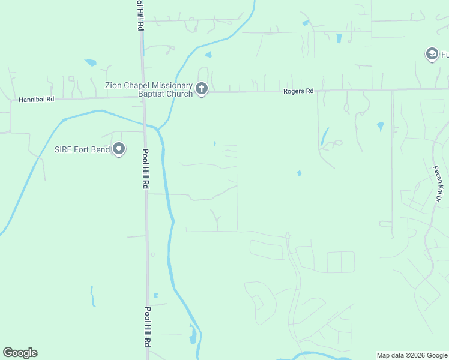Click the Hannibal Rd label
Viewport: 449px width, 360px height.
point(37,100)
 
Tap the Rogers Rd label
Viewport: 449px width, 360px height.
point(298,91)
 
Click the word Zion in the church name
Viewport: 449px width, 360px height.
point(115,86)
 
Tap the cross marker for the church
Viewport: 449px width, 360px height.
point(202,90)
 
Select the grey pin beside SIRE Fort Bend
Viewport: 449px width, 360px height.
point(119,149)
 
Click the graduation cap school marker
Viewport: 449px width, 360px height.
point(431,55)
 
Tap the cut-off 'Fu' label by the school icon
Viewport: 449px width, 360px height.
point(444,55)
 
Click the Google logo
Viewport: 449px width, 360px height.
point(20,353)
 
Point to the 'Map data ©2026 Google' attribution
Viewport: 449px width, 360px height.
point(412,355)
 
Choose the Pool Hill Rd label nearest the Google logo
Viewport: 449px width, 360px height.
point(147,328)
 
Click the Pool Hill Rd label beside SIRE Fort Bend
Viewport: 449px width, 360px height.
point(145,169)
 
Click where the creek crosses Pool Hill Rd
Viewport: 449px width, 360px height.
point(144,124)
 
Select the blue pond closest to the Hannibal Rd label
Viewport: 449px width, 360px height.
point(91,62)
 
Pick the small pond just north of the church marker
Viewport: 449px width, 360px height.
point(208,55)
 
